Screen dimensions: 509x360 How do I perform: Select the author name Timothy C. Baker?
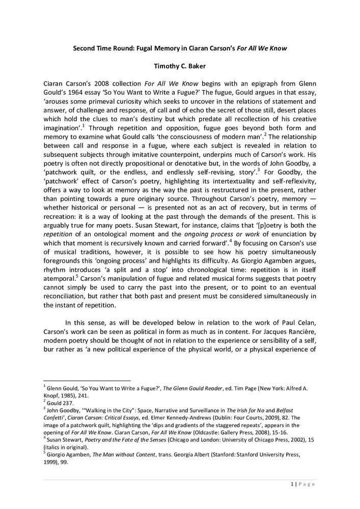pos(180,66)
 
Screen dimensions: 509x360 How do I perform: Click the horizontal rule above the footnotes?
pos(87,380)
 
